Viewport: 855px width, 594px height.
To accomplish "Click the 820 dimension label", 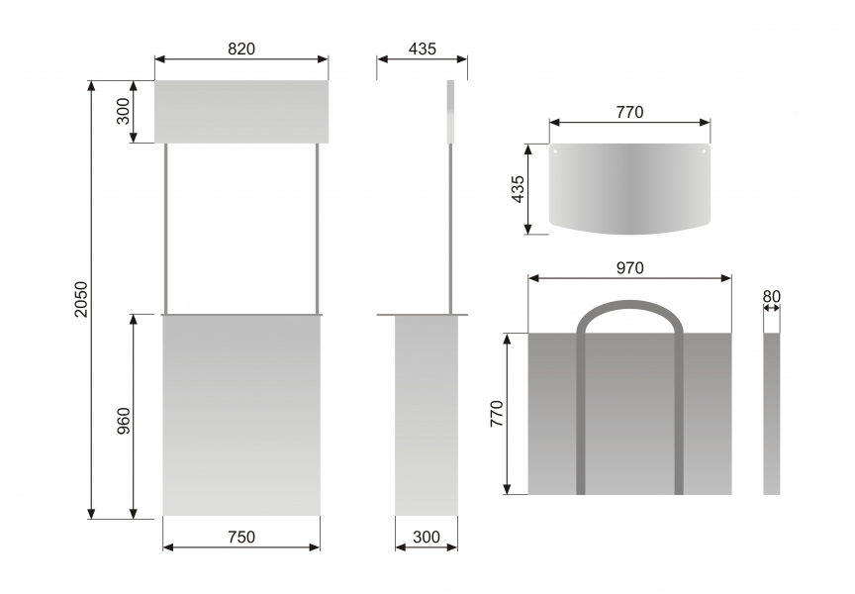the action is pyautogui.click(x=241, y=49).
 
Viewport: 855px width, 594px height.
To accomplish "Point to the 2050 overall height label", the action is pyautogui.click(x=81, y=299).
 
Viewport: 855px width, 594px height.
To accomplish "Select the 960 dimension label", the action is pyautogui.click(x=124, y=421).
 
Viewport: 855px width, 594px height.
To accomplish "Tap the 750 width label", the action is pyautogui.click(x=241, y=538).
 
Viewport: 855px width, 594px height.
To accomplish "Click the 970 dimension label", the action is pyautogui.click(x=629, y=268).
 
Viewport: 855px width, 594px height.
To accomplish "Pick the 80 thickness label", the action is pyautogui.click(x=772, y=296).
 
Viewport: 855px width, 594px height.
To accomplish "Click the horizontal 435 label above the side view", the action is pyautogui.click(x=422, y=49).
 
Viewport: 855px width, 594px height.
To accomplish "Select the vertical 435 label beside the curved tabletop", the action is pyautogui.click(x=518, y=189).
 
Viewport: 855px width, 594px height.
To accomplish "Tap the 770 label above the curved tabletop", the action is pyautogui.click(x=629, y=112).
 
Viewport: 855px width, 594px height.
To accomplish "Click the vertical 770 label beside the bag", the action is pyautogui.click(x=497, y=414).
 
